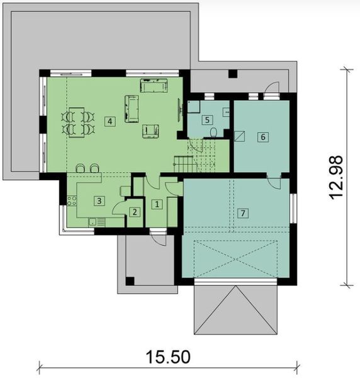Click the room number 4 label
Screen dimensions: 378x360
pyautogui.click(x=110, y=120)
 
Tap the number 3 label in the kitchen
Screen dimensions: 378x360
pyautogui.click(x=99, y=200)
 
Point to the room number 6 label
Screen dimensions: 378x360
pyautogui.click(x=263, y=136)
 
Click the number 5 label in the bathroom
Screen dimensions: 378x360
pyautogui.click(x=206, y=120)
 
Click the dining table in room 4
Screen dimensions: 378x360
pyautogui.click(x=77, y=122)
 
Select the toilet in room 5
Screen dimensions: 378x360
pyautogui.click(x=215, y=132)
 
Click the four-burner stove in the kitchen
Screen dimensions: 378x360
pyautogui.click(x=72, y=202)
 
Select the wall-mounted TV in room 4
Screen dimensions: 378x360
pyautogui.click(x=182, y=110)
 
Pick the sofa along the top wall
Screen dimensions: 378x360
pyautogui.click(x=153, y=85)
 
